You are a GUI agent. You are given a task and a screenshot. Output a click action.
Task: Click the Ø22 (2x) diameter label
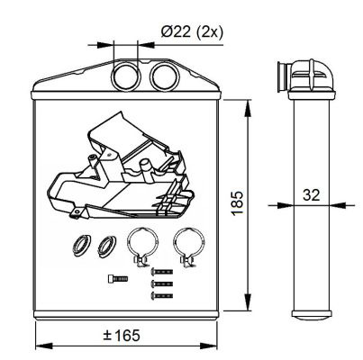[x=192, y=31]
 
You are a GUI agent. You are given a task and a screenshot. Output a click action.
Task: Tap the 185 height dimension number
[x=238, y=203]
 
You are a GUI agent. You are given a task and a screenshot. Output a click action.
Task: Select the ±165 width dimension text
[x=122, y=335]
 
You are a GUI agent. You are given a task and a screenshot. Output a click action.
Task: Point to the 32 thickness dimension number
[x=312, y=195]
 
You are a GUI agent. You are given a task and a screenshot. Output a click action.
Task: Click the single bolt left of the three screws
[x=118, y=279]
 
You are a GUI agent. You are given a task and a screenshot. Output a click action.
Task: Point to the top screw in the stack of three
[x=161, y=272]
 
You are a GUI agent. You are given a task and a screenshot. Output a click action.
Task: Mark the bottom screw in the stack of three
[x=161, y=296]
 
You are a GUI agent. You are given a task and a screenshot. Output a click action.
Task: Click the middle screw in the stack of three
[x=161, y=283]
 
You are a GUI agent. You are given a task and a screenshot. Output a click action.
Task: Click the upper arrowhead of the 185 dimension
[x=248, y=108]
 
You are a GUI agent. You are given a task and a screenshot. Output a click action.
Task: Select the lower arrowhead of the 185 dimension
[x=248, y=302]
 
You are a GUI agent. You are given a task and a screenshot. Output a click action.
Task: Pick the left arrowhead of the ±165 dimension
[x=44, y=346]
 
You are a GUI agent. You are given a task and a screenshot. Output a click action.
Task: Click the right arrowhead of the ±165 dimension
[x=208, y=346]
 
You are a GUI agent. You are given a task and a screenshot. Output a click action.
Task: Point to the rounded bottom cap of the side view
[x=312, y=314]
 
